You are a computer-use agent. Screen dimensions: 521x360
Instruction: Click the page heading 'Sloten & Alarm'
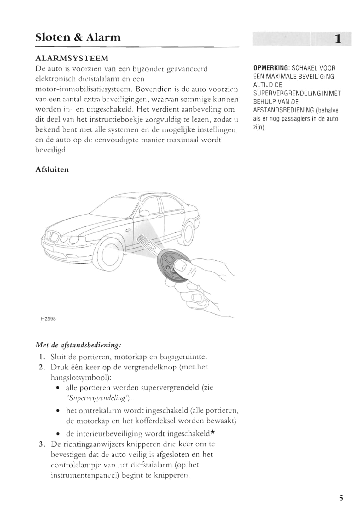pyautogui.click(x=78, y=37)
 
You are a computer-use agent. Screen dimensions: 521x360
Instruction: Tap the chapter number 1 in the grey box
pyautogui.click(x=337, y=39)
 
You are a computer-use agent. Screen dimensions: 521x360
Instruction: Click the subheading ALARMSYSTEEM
pyautogui.click(x=72, y=58)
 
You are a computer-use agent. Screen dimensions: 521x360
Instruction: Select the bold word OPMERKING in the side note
pyautogui.click(x=271, y=68)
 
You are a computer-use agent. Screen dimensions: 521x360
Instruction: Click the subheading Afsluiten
pyautogui.click(x=52, y=169)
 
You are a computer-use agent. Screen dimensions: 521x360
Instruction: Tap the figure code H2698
pyautogui.click(x=48, y=318)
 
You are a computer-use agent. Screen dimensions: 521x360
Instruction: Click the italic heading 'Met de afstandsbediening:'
pyautogui.click(x=78, y=345)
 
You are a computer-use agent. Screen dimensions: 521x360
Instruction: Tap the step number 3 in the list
pyautogui.click(x=41, y=444)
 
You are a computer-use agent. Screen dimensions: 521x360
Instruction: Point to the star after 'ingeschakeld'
pyautogui.click(x=213, y=433)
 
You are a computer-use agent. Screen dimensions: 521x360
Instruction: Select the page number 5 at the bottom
pyautogui.click(x=341, y=498)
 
